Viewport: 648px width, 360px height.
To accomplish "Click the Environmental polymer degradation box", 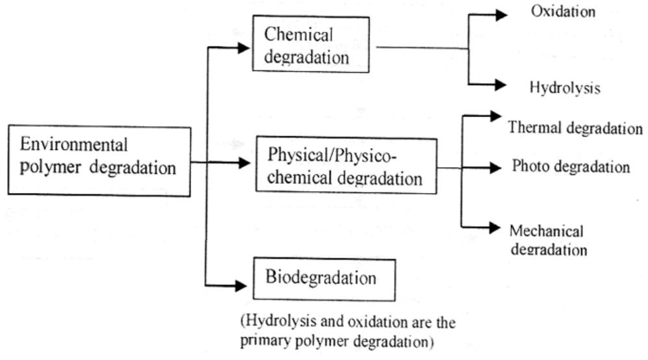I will click(x=99, y=161).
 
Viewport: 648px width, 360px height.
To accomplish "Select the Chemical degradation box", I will click(x=310, y=44).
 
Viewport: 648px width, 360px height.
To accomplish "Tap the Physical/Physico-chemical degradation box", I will click(x=346, y=164).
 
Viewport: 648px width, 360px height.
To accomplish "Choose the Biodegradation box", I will click(x=320, y=278).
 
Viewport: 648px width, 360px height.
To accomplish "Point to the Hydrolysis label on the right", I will click(x=565, y=87).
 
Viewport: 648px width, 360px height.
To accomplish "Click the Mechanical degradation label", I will click(x=548, y=240).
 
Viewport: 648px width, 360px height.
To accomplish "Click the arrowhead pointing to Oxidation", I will click(x=500, y=14).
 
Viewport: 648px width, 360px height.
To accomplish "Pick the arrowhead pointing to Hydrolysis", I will click(x=500, y=84).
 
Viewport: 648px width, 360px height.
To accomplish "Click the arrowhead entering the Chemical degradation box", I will click(x=244, y=47).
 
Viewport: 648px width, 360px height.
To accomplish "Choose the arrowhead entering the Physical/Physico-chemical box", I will click(x=244, y=162).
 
